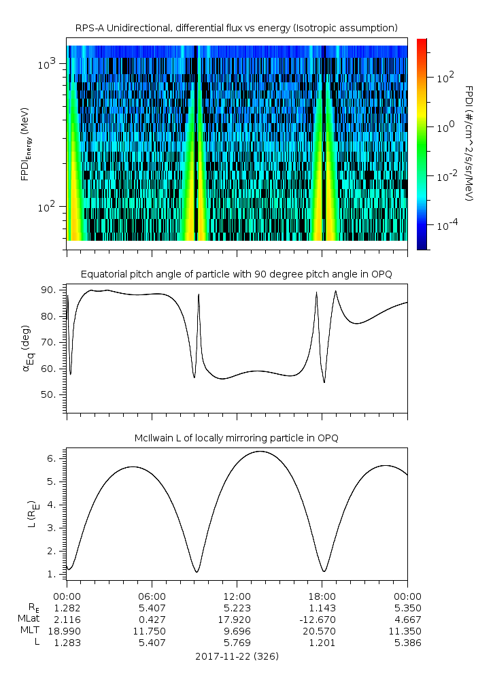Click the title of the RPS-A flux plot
tap(236, 27)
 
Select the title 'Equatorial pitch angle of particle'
tap(236, 274)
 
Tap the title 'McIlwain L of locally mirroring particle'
tap(236, 438)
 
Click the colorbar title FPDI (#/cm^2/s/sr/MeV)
tap(469, 143)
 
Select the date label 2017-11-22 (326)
tap(236, 656)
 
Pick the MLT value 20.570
tap(322, 631)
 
